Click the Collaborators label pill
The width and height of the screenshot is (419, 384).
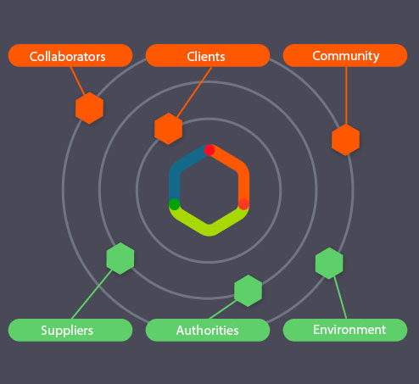tap(70, 55)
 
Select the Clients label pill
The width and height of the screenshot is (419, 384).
tap(208, 55)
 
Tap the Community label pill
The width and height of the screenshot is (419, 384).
tap(345, 55)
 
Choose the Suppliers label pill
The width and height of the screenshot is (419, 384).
tap(70, 330)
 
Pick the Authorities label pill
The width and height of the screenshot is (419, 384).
tap(208, 330)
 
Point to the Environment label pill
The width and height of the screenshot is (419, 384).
tap(345, 330)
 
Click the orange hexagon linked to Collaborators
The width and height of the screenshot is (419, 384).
tap(89, 108)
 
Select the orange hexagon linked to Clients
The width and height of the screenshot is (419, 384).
tap(168, 129)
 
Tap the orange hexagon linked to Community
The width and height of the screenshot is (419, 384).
tap(345, 140)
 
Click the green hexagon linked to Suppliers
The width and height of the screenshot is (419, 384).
tap(120, 259)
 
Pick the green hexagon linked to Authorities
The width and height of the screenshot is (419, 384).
tap(248, 291)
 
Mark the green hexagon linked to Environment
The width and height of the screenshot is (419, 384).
tap(329, 264)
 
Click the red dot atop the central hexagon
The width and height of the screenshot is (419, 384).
tap(209, 150)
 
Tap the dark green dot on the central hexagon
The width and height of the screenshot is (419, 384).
tap(174, 204)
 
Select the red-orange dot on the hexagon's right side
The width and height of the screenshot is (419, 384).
tap(243, 204)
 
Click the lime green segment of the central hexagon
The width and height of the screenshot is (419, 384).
tap(209, 229)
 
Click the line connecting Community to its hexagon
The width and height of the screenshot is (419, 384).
tap(346, 96)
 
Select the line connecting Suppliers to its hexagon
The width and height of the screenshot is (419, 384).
tap(92, 294)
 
